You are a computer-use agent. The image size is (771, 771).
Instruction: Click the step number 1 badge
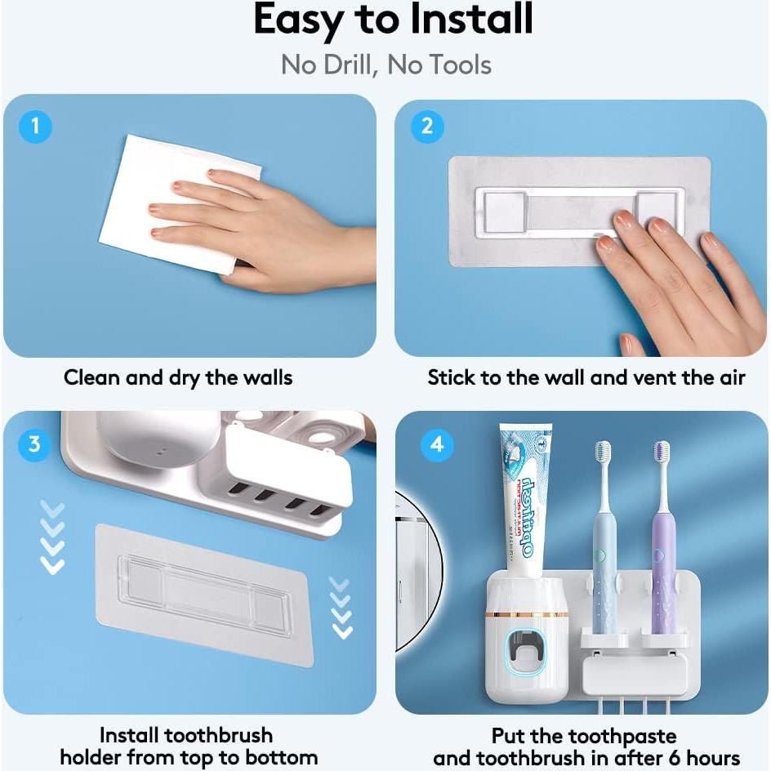pos(35,127)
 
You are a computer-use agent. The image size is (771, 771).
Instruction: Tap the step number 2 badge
pos(426,127)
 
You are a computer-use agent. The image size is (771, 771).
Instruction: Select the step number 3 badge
pos(35,444)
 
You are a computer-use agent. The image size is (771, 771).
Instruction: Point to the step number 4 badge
pos(438,444)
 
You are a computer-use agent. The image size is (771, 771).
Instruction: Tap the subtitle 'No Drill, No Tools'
pos(385,65)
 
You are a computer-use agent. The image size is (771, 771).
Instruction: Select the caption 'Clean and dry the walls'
pos(178,378)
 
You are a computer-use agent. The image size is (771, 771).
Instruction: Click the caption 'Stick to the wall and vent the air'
pos(586,378)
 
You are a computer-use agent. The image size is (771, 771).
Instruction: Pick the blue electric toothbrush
pos(604,555)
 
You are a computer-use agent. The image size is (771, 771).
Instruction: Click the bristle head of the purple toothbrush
pos(661,452)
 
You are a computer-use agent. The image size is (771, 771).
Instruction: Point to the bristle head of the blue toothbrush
pos(603,452)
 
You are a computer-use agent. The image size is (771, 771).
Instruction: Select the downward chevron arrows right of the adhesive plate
pos(341,608)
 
